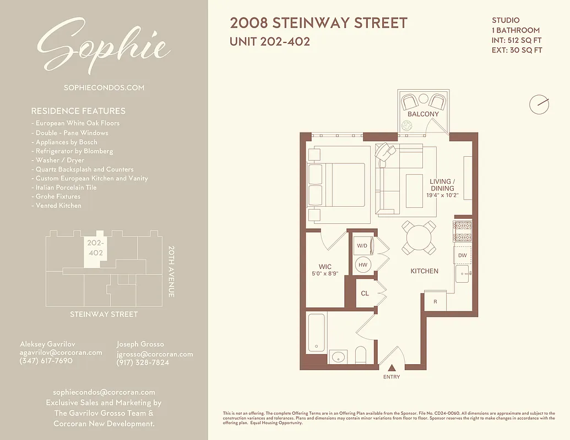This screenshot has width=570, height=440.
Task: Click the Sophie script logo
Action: [104, 47]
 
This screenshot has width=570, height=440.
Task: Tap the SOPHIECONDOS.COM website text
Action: [104, 87]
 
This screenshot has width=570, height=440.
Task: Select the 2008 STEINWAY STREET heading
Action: [318, 23]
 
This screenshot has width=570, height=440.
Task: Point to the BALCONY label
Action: [423, 114]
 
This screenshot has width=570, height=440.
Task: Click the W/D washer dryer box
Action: [362, 245]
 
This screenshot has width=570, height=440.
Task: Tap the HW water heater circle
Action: [363, 265]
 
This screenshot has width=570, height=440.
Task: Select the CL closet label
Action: [365, 294]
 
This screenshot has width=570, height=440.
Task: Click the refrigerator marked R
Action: [435, 302]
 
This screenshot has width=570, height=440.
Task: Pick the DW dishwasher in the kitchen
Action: [463, 255]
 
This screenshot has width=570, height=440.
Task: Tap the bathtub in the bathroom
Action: [316, 332]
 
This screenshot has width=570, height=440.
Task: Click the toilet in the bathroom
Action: [361, 355]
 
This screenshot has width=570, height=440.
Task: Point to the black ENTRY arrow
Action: [392, 367]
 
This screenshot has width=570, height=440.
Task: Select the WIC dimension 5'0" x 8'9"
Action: [325, 273]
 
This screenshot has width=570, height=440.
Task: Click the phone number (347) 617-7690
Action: [46, 361]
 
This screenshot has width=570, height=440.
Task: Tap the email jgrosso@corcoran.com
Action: [155, 354]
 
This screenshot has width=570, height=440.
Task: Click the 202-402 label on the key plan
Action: [96, 248]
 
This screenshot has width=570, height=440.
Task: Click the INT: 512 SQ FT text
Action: [517, 40]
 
